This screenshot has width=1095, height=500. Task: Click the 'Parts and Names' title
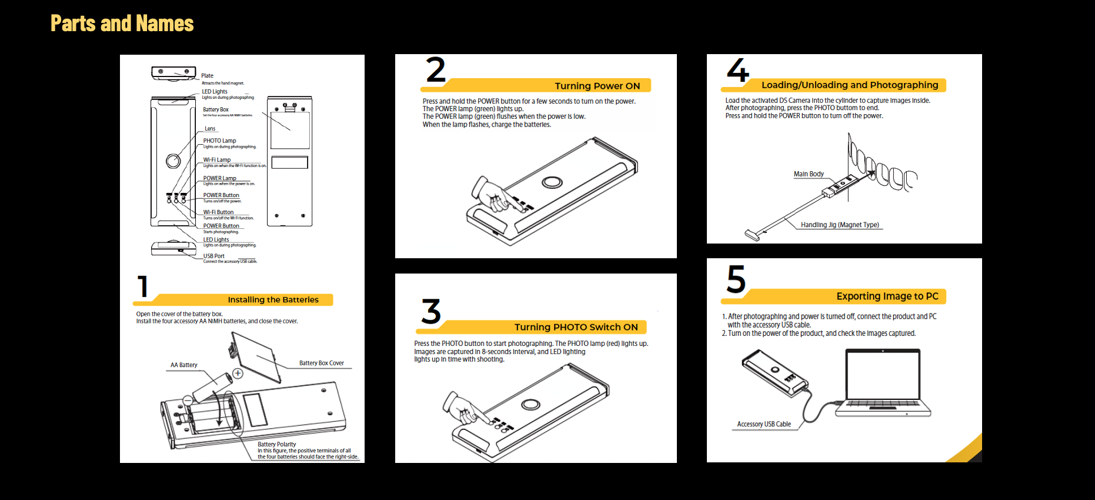(122, 24)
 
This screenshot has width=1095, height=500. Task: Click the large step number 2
(436, 71)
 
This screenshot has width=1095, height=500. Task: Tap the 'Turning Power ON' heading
(597, 86)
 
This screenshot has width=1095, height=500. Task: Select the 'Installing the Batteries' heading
(273, 299)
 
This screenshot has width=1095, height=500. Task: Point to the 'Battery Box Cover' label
(321, 363)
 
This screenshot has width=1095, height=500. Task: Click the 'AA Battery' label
(183, 365)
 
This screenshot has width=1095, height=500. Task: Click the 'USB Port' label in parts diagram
(213, 256)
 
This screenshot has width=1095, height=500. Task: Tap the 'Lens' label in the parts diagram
(209, 128)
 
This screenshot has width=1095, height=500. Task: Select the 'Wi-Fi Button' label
(218, 212)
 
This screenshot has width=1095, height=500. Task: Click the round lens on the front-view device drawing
(173, 161)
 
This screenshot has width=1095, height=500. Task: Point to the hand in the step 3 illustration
(462, 408)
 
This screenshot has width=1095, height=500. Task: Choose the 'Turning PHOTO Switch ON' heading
(575, 327)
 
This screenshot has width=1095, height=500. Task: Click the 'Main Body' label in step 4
(808, 174)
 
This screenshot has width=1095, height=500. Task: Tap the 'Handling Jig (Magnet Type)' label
(839, 225)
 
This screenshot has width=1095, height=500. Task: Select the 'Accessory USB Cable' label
(763, 424)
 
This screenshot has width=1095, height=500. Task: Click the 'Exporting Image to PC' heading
(887, 296)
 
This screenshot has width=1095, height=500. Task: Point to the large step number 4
(737, 71)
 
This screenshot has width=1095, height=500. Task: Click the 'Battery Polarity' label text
(276, 444)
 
